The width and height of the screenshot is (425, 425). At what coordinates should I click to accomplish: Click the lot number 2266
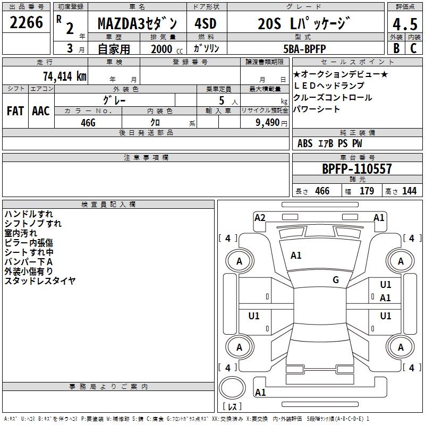tap(27, 23)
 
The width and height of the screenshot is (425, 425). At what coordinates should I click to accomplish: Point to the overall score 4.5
tap(404, 24)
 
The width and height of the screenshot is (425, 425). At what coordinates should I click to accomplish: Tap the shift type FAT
tap(15, 111)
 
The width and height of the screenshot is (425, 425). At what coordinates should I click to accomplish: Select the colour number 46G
tap(88, 122)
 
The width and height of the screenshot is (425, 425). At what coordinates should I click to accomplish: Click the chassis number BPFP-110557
tap(357, 169)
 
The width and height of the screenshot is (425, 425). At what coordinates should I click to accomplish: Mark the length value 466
tap(322, 191)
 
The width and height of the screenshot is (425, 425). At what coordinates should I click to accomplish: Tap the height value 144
tap(409, 191)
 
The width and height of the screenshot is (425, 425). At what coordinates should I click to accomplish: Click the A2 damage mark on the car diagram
tap(260, 217)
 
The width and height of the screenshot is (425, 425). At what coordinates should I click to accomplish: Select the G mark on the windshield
tap(336, 280)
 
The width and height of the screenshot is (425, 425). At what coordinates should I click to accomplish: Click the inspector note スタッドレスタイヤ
tap(40, 280)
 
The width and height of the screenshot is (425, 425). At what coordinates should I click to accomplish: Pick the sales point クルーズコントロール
tap(333, 98)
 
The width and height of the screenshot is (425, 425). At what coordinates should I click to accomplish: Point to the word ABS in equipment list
tap(305, 143)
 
